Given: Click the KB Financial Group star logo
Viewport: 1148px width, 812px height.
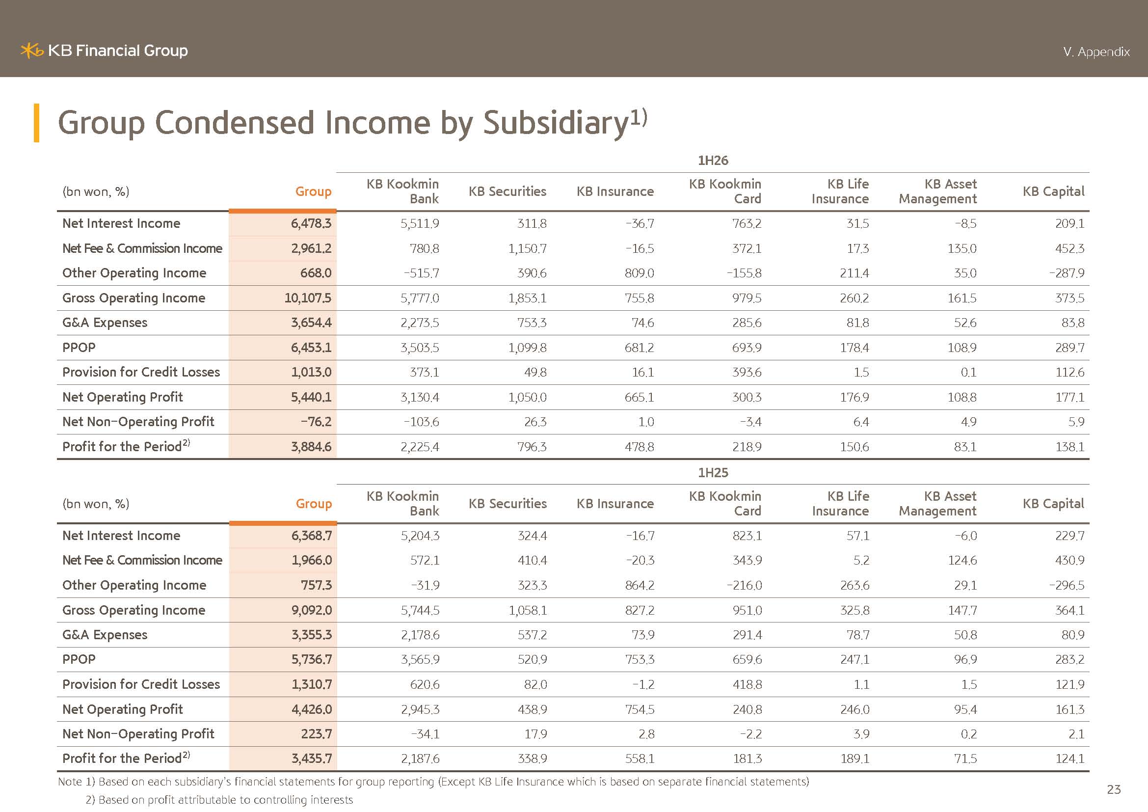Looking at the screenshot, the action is (32, 51).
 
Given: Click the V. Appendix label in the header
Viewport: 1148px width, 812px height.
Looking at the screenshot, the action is (1096, 52).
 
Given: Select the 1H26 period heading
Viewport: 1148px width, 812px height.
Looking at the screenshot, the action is (713, 161).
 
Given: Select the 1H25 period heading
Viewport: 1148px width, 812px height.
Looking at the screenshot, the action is (713, 472).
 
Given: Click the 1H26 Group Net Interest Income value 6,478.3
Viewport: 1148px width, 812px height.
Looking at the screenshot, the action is (311, 223).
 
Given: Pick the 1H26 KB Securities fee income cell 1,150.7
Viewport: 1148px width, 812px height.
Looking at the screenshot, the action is (528, 248).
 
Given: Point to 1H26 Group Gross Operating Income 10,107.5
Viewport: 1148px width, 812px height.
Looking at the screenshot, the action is (308, 298).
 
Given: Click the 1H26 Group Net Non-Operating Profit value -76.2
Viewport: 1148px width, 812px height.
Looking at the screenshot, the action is (316, 422).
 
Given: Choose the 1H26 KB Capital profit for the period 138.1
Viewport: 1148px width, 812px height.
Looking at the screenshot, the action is (1070, 446).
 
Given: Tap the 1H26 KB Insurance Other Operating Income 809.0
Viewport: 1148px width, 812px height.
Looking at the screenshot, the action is (640, 273).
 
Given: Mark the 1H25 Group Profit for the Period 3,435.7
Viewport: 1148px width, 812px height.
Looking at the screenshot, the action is (312, 758).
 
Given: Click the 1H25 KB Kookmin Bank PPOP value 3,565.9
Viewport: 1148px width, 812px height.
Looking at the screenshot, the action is (420, 659).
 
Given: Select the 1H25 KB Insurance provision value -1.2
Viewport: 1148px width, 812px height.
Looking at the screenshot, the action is (643, 684).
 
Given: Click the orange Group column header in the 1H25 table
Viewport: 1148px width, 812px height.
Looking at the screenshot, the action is (314, 504).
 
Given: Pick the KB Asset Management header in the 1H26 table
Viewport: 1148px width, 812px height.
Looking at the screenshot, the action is (937, 191).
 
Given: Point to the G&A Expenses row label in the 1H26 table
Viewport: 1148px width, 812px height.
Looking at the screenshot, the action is (105, 323).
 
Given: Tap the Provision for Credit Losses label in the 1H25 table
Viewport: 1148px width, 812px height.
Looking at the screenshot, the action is (141, 684).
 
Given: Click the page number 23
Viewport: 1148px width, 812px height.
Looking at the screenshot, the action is (1114, 789).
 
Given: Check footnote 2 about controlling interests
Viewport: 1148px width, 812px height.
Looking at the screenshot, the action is (219, 800).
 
